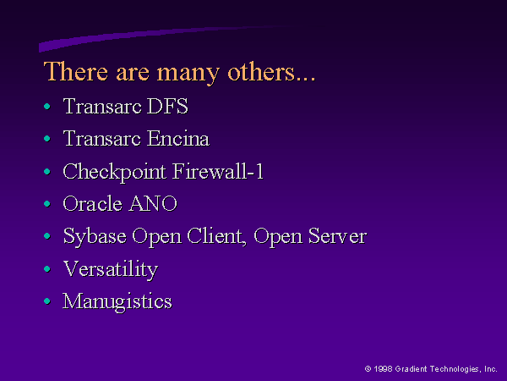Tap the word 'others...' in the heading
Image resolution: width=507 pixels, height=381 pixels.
pyautogui.click(x=271, y=72)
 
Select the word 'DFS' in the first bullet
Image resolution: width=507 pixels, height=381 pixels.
pyautogui.click(x=167, y=106)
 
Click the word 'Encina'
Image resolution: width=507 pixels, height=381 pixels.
pyautogui.click(x=178, y=138)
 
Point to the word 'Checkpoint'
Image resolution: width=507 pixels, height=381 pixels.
pyautogui.click(x=114, y=173)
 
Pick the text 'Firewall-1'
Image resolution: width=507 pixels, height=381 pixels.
pyautogui.click(x=218, y=171)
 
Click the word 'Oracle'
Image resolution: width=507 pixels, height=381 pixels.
pyautogui.click(x=92, y=203)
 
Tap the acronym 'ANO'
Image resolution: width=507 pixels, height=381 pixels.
pyautogui.click(x=153, y=203)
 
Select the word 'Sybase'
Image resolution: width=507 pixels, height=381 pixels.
pyautogui.click(x=95, y=237)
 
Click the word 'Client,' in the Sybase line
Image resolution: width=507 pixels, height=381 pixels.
pyautogui.click(x=216, y=236)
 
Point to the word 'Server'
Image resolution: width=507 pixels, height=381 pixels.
pyautogui.click(x=337, y=236)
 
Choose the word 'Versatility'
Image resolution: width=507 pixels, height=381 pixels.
pyautogui.click(x=111, y=269)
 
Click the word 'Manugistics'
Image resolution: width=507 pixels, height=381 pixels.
pyautogui.click(x=117, y=302)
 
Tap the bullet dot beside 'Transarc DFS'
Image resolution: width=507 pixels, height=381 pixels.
pyautogui.click(x=47, y=107)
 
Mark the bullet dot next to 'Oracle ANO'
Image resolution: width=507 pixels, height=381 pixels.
pyautogui.click(x=47, y=204)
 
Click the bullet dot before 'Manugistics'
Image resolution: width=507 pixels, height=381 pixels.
pyautogui.click(x=47, y=301)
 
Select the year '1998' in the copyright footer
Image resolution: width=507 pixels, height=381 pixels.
pyautogui.click(x=383, y=368)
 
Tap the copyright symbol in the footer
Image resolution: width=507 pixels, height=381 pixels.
pyautogui.click(x=368, y=368)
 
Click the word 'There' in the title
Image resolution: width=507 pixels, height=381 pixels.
pyautogui.click(x=76, y=71)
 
